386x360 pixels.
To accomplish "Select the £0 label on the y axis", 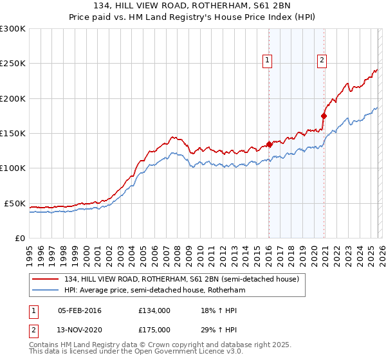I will (x=19, y=238).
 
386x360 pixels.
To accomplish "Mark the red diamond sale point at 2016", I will (x=269, y=145).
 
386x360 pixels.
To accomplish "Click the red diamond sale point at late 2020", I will (x=324, y=116).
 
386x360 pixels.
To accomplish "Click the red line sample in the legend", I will (x=46, y=280).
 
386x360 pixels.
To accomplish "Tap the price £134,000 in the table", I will (x=154, y=310).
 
